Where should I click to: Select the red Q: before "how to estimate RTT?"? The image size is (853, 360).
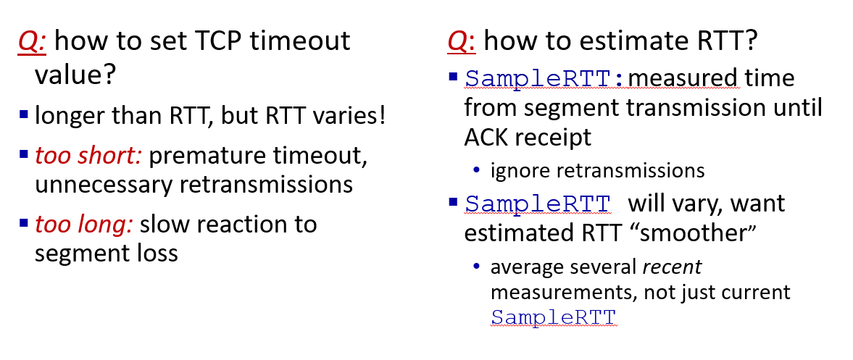point(462,41)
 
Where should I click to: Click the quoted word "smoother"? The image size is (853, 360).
point(693,233)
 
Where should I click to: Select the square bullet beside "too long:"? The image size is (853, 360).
point(23,223)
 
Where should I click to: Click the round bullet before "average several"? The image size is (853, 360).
point(477,267)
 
